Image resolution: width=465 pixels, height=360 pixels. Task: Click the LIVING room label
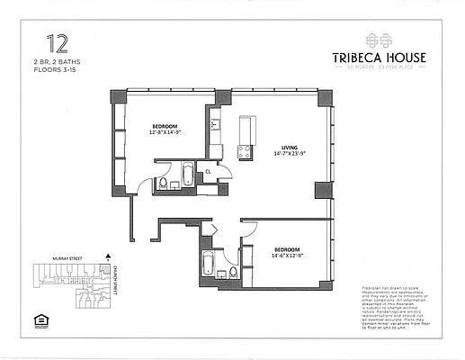(290, 148)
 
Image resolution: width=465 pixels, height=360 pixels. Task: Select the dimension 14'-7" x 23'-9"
(290, 154)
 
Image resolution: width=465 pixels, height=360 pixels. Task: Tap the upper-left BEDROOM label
(164, 125)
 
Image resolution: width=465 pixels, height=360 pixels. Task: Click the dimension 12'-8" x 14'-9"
(164, 132)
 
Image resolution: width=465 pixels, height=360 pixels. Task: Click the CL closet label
(208, 170)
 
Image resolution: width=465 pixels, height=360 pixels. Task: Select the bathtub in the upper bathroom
(188, 174)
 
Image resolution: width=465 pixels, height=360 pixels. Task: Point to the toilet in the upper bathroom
(163, 184)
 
